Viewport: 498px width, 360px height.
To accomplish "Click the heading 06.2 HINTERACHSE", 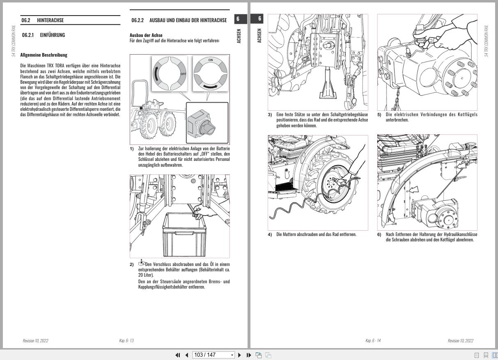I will tap(42, 20).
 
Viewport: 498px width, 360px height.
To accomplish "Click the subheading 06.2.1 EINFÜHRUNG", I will tap(44, 35).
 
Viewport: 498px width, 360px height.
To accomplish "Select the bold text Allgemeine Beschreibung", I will tap(44, 55).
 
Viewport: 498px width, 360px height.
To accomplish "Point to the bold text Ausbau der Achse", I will tap(146, 35).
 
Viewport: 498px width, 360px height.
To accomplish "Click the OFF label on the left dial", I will tap(183, 74).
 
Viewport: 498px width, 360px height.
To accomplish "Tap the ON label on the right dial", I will tap(211, 60).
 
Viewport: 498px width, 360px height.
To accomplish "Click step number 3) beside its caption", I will tap(270, 115).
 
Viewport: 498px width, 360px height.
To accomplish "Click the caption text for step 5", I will tap(431, 117).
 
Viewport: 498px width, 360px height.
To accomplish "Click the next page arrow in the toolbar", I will tap(240, 355).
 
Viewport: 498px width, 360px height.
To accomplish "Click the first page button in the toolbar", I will tap(178, 355).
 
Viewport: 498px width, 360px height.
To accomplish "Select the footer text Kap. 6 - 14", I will tap(373, 341).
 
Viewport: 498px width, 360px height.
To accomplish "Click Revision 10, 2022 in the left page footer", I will tap(35, 341).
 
